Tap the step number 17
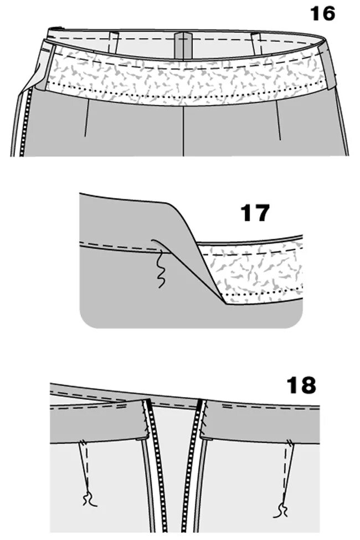coord(255,213)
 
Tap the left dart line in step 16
coord(86,119)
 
